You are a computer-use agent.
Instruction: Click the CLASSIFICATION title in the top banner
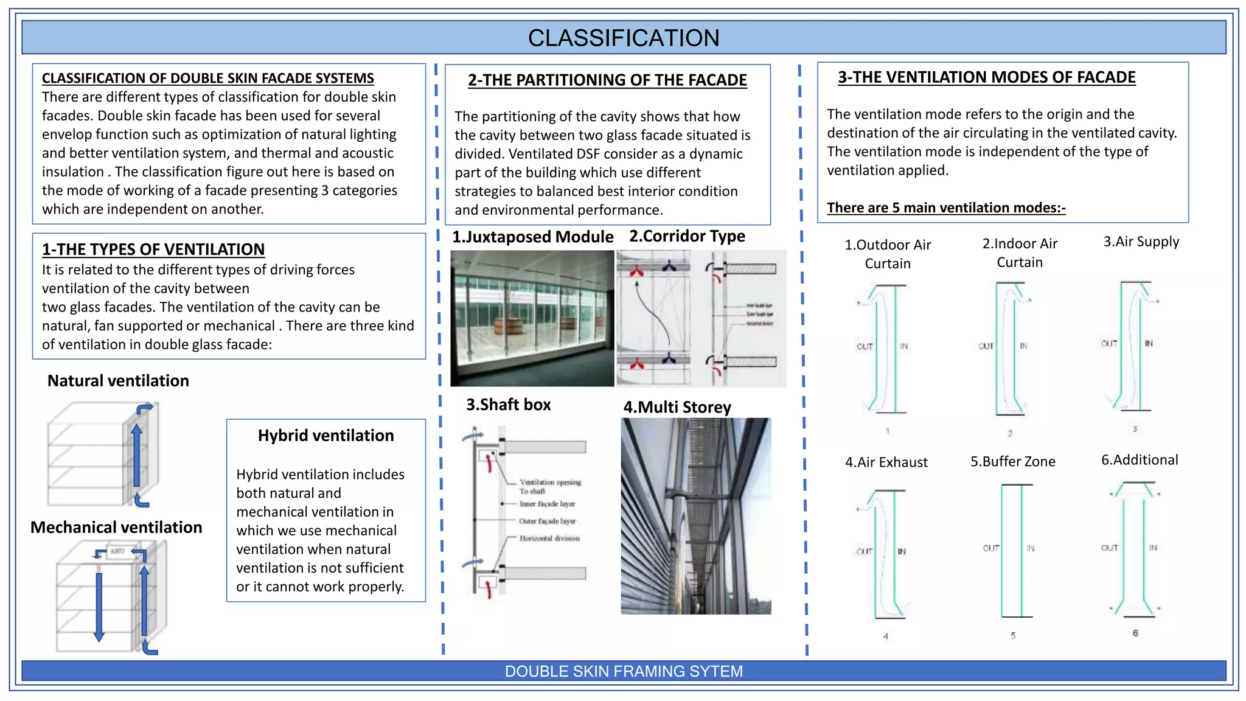pyautogui.click(x=623, y=38)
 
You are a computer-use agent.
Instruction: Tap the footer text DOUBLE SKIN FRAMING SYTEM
pyautogui.click(x=623, y=671)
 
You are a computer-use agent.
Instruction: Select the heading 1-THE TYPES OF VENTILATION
pyautogui.click(x=153, y=249)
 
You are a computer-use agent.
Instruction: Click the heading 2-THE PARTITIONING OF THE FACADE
pyautogui.click(x=607, y=80)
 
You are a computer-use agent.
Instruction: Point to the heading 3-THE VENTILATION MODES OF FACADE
pyautogui.click(x=986, y=77)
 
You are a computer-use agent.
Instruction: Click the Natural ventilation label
pyautogui.click(x=118, y=381)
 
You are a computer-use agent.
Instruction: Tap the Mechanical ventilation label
pyautogui.click(x=116, y=528)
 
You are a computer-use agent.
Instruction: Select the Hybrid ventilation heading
pyautogui.click(x=325, y=436)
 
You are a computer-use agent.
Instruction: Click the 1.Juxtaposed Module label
pyautogui.click(x=532, y=237)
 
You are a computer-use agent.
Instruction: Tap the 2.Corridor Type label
pyautogui.click(x=687, y=236)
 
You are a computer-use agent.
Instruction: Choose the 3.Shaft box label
pyautogui.click(x=508, y=405)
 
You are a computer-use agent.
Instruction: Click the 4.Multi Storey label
pyautogui.click(x=677, y=407)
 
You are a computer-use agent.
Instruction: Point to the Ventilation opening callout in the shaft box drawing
pyautogui.click(x=550, y=483)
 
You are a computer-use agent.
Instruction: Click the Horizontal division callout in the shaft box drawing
pyautogui.click(x=549, y=539)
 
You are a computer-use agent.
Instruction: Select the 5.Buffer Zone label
pyautogui.click(x=1012, y=462)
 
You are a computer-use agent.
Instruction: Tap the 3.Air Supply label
pyautogui.click(x=1141, y=242)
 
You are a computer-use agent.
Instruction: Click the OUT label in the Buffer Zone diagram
pyautogui.click(x=990, y=548)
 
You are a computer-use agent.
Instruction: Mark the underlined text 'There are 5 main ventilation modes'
pyautogui.click(x=945, y=208)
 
